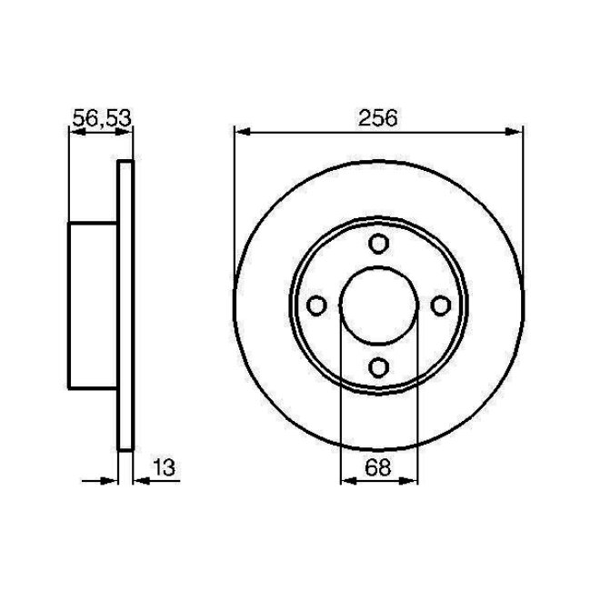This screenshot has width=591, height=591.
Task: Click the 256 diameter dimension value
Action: tap(378, 117)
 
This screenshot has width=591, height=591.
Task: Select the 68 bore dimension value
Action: tap(378, 468)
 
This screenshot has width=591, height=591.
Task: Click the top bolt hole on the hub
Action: tap(378, 244)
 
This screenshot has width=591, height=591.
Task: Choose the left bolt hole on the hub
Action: tap(317, 305)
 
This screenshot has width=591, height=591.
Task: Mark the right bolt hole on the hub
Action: tap(440, 305)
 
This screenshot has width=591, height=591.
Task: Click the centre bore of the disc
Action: tap(378, 305)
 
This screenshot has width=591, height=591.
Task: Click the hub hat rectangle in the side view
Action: tap(94, 305)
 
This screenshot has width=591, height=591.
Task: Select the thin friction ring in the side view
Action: tap(126, 305)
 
